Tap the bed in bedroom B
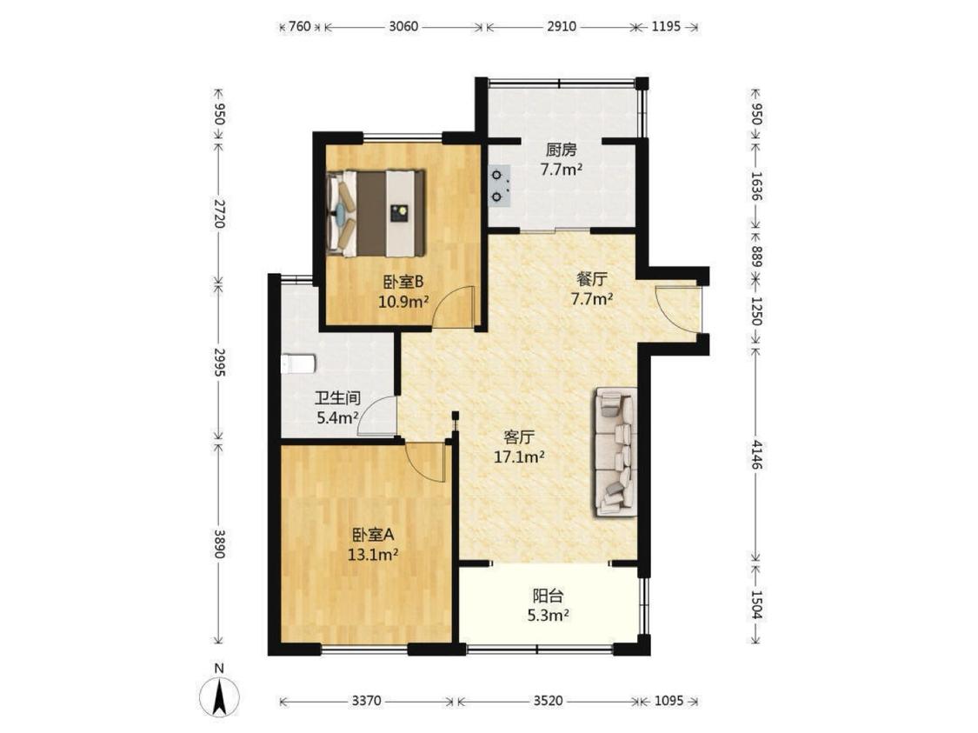[x=376, y=213]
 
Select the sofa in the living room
[x=616, y=452]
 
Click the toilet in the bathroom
[x=298, y=363]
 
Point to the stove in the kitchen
[x=500, y=186]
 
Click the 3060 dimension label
[x=403, y=27]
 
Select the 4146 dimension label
[x=756, y=455]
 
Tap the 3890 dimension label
[x=219, y=544]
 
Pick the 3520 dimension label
[x=549, y=701]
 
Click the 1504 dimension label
[x=756, y=604]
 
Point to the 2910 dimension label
[x=562, y=27]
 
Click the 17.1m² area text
[x=519, y=458]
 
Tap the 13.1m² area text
[x=373, y=555]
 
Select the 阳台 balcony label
[x=548, y=596]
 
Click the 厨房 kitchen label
[x=562, y=150]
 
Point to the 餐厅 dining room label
[x=592, y=279]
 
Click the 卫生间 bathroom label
[x=336, y=398]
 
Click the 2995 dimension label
[x=219, y=362]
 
